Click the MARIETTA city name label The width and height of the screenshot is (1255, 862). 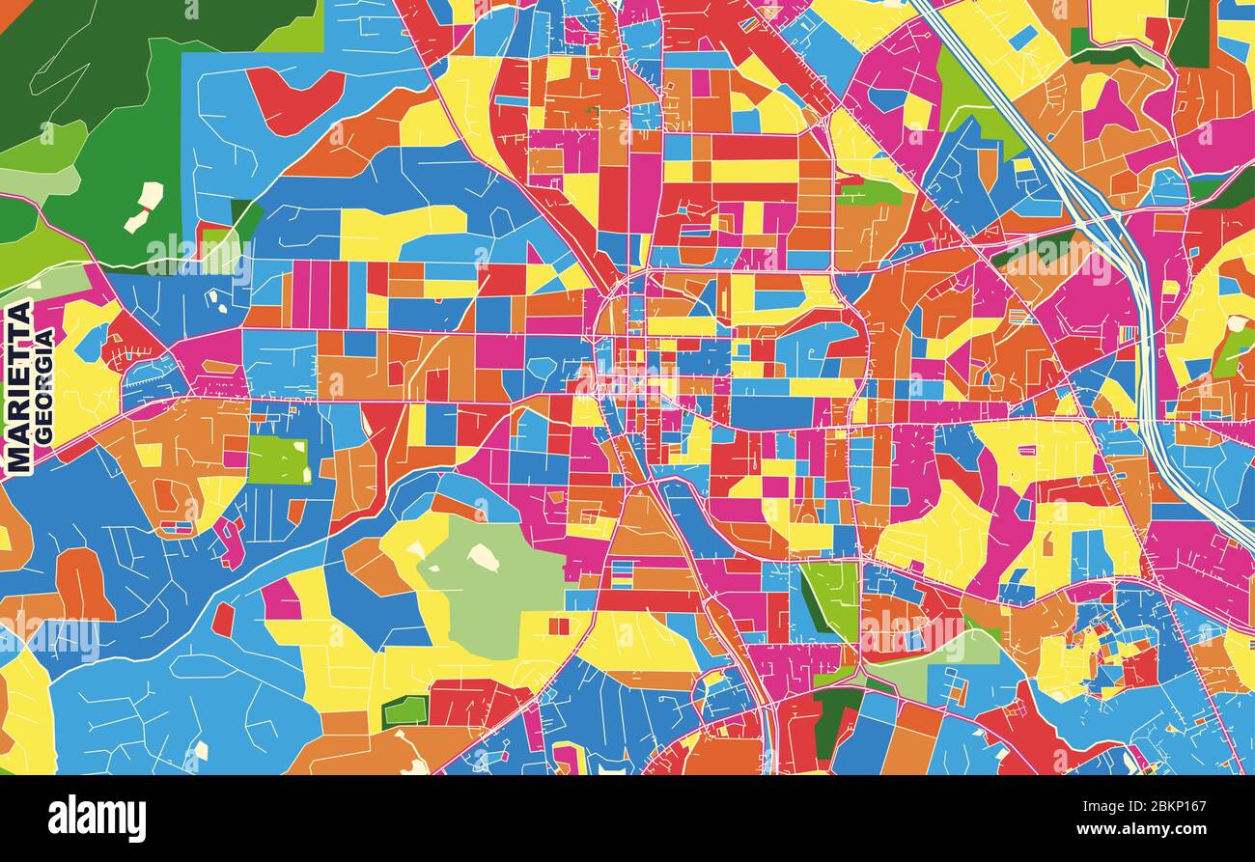click(18, 387)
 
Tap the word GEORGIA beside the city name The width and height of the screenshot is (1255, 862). click(43, 386)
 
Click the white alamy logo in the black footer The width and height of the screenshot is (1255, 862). click(97, 819)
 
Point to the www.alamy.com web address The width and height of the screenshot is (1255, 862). click(1148, 829)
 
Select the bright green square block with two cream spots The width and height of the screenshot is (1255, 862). click(278, 459)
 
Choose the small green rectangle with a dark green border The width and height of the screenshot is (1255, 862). click(404, 711)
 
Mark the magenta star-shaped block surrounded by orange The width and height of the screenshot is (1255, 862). click(1110, 111)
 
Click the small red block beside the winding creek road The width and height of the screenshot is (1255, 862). click(223, 619)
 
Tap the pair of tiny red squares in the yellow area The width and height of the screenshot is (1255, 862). click(559, 626)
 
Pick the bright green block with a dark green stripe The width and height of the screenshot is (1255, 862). click(828, 598)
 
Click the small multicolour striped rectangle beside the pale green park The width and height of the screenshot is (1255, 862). click(623, 573)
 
